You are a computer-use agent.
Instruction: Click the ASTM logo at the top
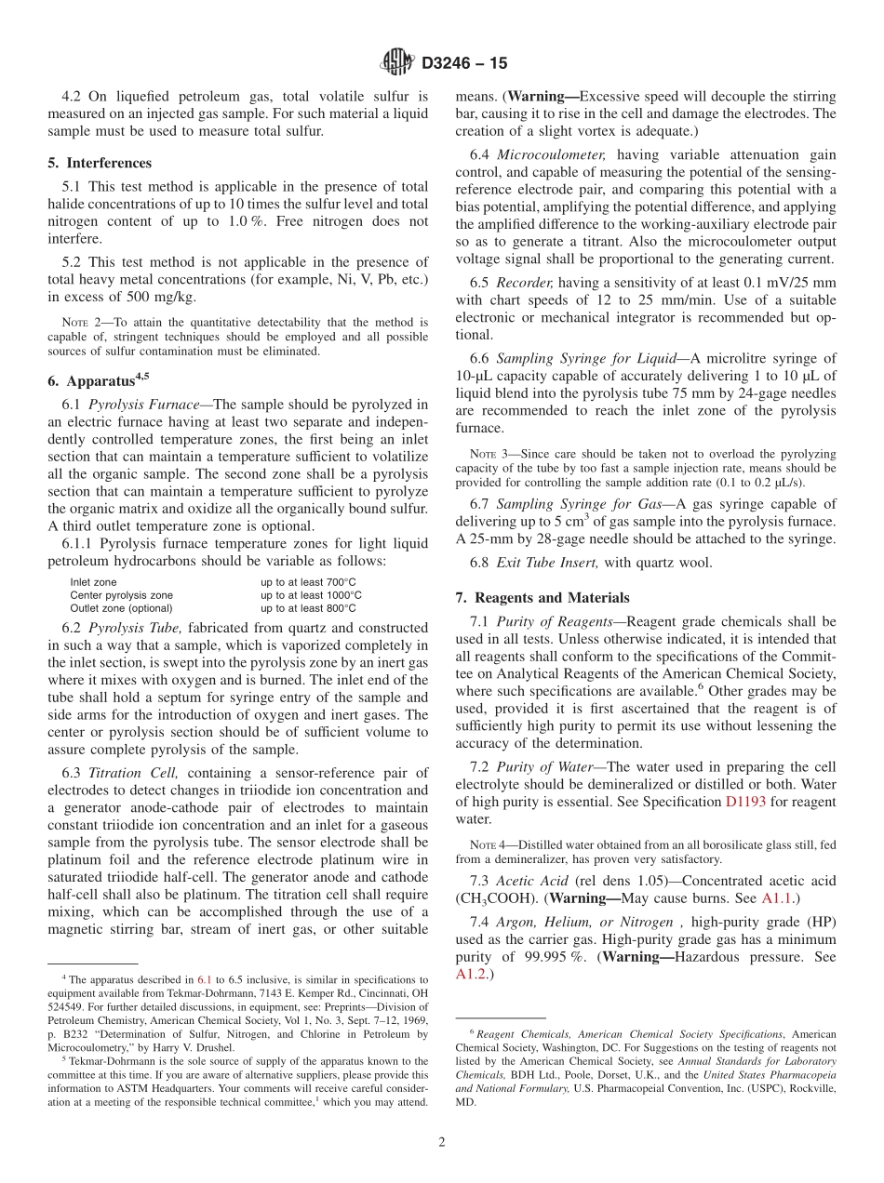(x=397, y=63)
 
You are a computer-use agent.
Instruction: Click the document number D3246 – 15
(x=464, y=64)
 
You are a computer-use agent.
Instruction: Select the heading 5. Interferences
(x=100, y=163)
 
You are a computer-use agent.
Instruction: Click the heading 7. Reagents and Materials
(x=542, y=598)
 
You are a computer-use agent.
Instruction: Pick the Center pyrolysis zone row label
(x=121, y=595)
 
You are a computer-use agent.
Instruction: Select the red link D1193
(x=744, y=802)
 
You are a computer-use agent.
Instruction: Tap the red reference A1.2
(x=471, y=974)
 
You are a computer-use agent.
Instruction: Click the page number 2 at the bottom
(x=442, y=1143)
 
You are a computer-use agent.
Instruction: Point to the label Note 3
(x=477, y=454)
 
